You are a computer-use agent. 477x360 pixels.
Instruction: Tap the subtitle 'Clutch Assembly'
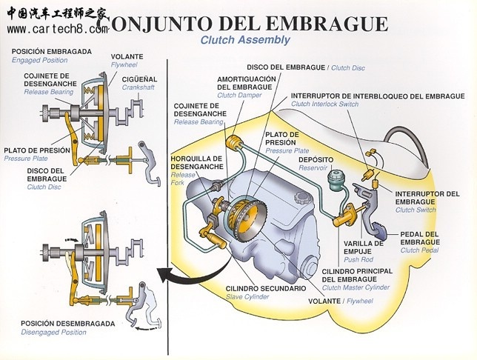245,40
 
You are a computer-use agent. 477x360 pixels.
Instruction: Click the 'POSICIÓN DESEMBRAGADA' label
67,324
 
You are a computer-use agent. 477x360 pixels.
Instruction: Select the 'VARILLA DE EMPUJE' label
364,247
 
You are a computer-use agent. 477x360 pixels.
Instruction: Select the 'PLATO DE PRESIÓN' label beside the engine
282,138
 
